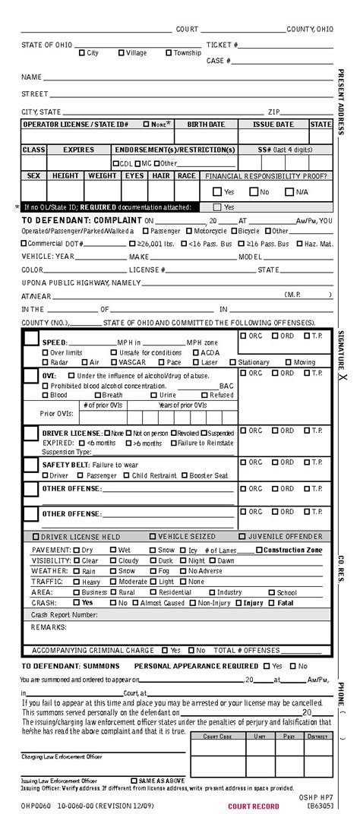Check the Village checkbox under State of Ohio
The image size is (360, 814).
click(122, 52)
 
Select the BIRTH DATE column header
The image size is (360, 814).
click(206, 124)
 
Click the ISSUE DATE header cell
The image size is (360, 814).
click(273, 124)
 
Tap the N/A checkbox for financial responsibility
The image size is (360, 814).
click(289, 191)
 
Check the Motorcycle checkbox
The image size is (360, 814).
click(188, 230)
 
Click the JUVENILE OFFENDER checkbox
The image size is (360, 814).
click(242, 535)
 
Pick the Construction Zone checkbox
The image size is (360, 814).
click(259, 550)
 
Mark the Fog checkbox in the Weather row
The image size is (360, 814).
click(153, 570)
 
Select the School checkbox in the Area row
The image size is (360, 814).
click(272, 592)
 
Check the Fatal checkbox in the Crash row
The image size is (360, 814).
click(272, 603)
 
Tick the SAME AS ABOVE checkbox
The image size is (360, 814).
click(134, 780)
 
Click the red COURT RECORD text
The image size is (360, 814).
click(253, 806)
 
